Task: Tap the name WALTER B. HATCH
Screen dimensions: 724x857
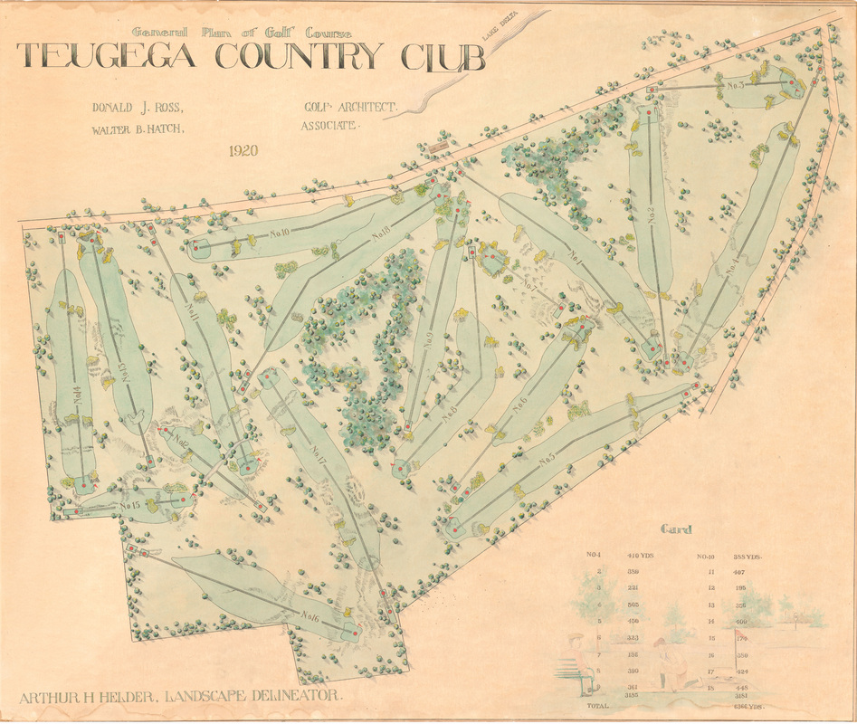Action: (138, 129)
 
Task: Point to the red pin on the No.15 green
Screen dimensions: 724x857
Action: (183, 499)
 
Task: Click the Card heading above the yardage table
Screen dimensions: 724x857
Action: (676, 529)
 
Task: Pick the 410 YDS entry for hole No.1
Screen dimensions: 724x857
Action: (640, 555)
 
